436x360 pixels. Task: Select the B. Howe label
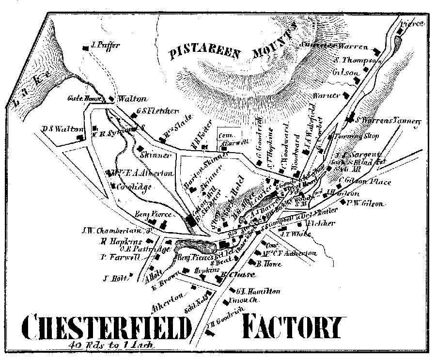click(x=266, y=264)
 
